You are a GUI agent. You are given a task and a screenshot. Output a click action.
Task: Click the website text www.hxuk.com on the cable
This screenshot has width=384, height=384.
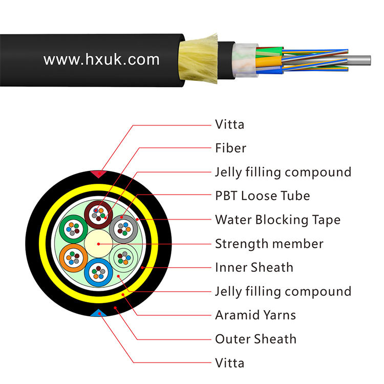[x=101, y=60]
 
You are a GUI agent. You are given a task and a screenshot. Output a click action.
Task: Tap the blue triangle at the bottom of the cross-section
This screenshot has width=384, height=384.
[x=96, y=313]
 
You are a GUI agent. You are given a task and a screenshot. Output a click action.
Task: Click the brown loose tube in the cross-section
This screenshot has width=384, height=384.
[x=97, y=214]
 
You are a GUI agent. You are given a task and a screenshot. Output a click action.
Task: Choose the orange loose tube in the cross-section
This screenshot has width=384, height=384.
[x=72, y=257]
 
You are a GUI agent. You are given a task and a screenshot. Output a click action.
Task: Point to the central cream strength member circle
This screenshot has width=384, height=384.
[x=96, y=243]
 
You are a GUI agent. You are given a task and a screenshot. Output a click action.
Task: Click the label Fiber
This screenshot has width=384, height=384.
[x=230, y=148]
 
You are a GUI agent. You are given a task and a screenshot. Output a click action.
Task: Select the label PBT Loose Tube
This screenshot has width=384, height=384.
[x=262, y=196]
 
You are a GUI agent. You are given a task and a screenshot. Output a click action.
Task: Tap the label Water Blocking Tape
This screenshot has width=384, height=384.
[x=277, y=220]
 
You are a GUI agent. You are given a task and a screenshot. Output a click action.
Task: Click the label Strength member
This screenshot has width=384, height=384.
[x=269, y=244]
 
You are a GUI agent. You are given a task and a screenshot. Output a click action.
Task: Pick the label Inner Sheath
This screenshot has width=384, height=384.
[x=254, y=267]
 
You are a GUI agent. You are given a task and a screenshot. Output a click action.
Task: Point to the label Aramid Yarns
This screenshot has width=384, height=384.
[x=255, y=315]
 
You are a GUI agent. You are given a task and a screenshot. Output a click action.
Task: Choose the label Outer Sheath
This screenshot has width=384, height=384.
[x=255, y=339]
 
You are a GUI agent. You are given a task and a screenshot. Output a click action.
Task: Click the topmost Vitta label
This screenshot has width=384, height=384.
[x=230, y=124]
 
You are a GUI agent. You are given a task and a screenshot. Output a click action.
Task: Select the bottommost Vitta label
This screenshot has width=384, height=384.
[x=229, y=363]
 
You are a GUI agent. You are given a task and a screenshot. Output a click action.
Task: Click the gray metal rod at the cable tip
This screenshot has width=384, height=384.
[x=340, y=59]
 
